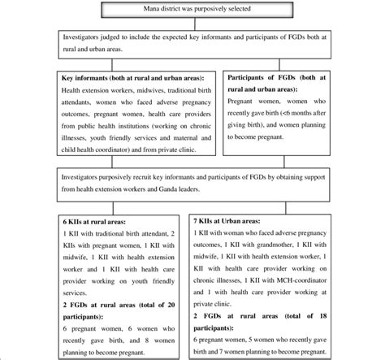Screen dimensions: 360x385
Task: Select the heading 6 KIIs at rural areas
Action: point(53,221)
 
